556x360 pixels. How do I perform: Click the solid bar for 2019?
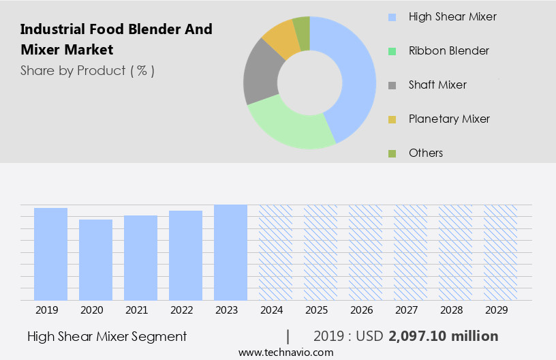50,254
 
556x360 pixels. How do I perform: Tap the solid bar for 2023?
230,252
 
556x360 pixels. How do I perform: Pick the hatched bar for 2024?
275,252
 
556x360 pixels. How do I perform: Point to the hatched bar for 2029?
500,252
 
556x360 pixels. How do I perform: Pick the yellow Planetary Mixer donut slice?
281,40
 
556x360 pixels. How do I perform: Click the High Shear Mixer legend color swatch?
392,17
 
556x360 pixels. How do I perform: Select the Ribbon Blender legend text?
448,51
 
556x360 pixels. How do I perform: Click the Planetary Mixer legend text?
449,119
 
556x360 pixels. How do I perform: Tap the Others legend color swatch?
392,153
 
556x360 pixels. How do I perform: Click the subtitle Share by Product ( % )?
87,71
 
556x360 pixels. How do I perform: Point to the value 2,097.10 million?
443,336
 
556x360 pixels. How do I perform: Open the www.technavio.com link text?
285,352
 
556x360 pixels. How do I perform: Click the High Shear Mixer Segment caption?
107,336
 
